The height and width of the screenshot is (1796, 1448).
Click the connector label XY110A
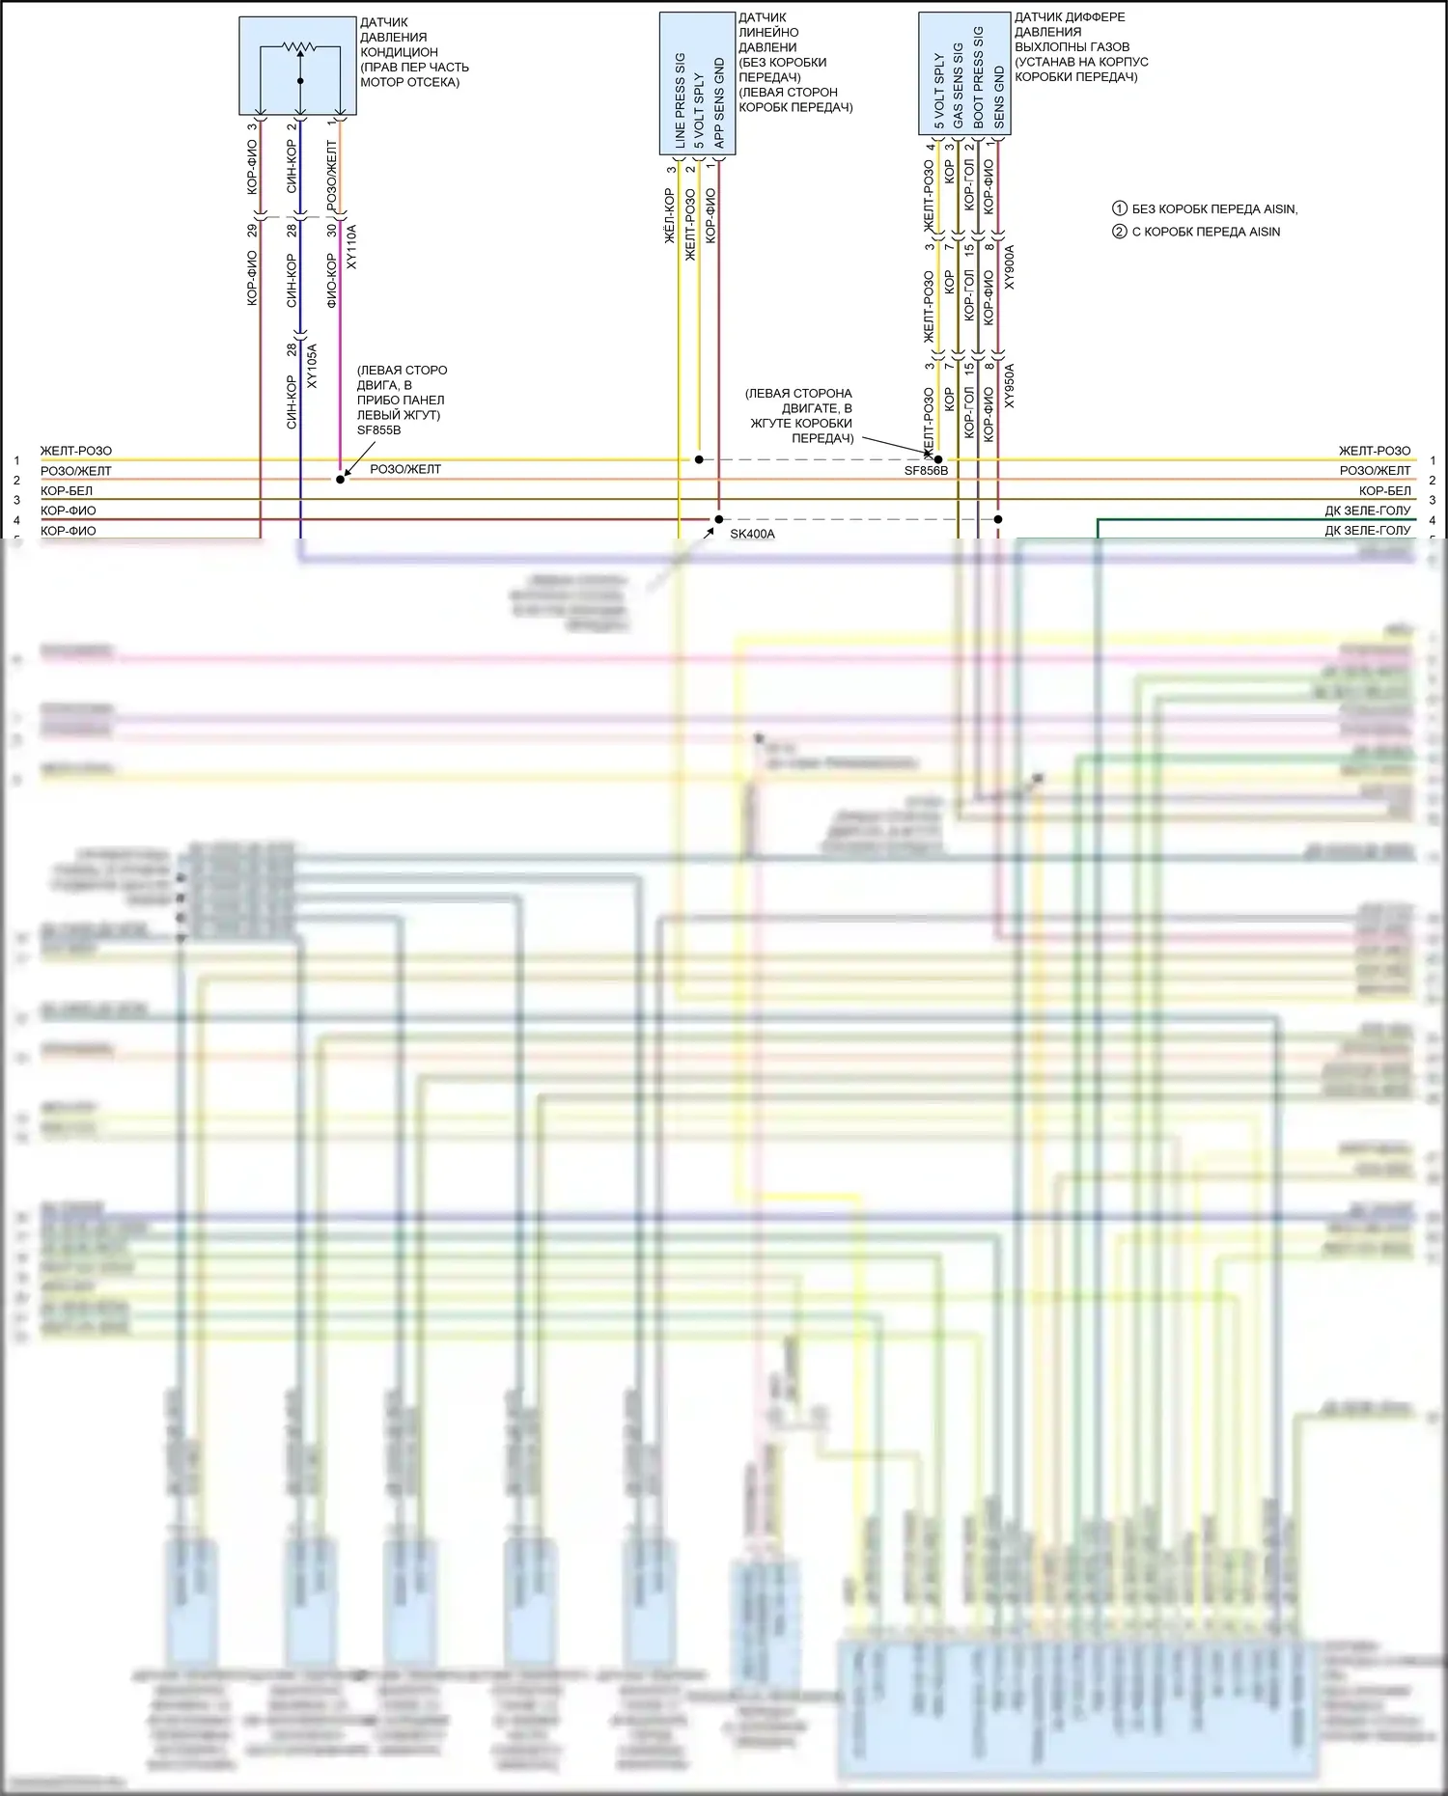click(351, 247)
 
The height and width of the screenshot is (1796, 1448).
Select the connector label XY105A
click(312, 366)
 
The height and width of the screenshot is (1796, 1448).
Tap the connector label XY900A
click(1010, 267)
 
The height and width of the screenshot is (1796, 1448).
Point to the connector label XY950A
click(1010, 385)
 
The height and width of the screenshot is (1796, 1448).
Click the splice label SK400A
click(752, 534)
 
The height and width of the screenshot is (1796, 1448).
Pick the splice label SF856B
click(926, 471)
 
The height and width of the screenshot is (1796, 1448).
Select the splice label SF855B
click(378, 430)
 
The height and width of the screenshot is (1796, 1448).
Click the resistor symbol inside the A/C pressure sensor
click(299, 47)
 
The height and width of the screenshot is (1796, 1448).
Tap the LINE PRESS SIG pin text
click(680, 100)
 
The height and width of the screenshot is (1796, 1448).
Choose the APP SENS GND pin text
click(719, 103)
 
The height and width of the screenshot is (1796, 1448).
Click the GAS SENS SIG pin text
click(959, 85)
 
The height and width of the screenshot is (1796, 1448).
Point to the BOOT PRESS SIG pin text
click(979, 78)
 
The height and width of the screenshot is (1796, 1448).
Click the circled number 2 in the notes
click(1120, 232)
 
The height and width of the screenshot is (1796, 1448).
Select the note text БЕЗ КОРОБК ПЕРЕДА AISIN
click(1214, 208)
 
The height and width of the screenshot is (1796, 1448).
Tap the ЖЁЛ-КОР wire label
click(670, 215)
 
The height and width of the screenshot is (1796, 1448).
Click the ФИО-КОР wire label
click(332, 281)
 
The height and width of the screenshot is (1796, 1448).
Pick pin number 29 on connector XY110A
click(252, 231)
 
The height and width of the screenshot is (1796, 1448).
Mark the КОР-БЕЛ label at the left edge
click(67, 491)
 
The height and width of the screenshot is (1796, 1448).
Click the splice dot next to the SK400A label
click(718, 519)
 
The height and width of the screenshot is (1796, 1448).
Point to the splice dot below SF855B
click(340, 480)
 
